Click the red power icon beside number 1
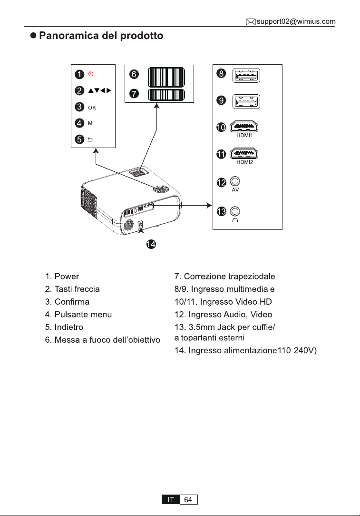91,74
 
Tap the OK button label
92,108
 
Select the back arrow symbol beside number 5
90,139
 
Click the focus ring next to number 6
166,77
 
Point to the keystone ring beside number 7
166,95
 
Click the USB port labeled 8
246,76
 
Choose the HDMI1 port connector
244,127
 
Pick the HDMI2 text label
244,162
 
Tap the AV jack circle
235,181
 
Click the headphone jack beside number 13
235,211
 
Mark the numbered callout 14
151,244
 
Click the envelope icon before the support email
251,22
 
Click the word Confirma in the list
72,302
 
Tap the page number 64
188,499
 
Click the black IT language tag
171,499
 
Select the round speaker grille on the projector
128,225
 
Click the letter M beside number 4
90,123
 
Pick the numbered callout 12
222,182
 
